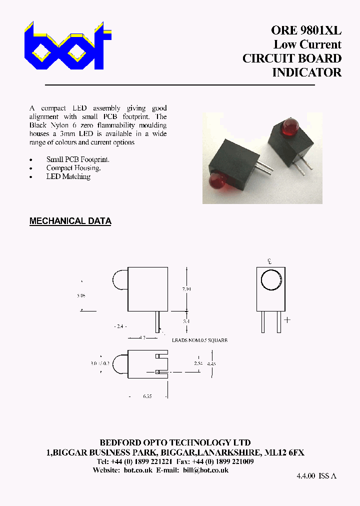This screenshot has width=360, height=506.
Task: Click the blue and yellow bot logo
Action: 67,46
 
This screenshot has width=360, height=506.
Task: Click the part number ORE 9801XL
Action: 306,30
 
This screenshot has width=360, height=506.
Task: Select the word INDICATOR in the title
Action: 306,72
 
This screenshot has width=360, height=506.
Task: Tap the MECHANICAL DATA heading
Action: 70,221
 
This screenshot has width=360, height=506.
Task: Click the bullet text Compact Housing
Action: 73,168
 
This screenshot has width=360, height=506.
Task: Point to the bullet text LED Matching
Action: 68,176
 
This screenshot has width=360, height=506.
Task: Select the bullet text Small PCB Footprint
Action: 77,159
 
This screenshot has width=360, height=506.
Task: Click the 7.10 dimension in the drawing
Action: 186,289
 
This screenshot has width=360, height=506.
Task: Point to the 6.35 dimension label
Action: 147,395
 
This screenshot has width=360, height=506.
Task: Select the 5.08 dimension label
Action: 81,295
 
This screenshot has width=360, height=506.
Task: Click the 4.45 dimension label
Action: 211,363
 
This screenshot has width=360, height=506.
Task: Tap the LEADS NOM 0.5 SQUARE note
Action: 199,340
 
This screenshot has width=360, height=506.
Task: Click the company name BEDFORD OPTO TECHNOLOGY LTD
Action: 175,442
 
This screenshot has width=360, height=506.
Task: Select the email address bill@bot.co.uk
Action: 205,470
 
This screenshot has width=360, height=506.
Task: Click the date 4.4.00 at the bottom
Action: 305,476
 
